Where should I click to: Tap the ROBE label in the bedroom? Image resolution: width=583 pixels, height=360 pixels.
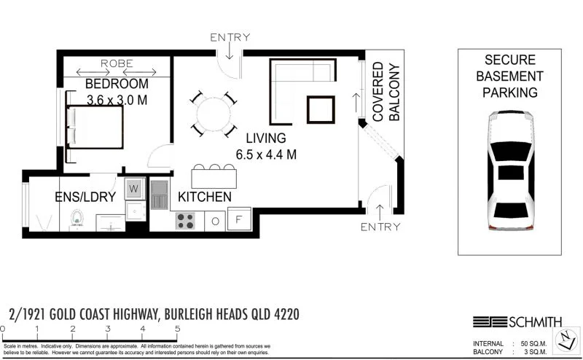[117, 63]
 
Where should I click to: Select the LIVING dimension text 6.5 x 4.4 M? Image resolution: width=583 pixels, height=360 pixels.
[265, 154]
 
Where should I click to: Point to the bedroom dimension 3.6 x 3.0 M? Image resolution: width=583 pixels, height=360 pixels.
[117, 100]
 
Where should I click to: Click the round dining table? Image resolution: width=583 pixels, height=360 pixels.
[214, 114]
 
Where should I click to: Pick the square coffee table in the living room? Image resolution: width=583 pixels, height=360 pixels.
[321, 109]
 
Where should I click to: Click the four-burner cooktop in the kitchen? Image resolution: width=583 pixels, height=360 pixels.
[186, 220]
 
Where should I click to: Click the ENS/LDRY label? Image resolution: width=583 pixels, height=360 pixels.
[85, 197]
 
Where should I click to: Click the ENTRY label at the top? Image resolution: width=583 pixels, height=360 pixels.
[230, 37]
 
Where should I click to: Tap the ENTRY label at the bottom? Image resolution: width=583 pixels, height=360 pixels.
[380, 227]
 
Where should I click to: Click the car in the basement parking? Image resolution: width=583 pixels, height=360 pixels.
[509, 171]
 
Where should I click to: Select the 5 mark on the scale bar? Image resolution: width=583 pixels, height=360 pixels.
[177, 329]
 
